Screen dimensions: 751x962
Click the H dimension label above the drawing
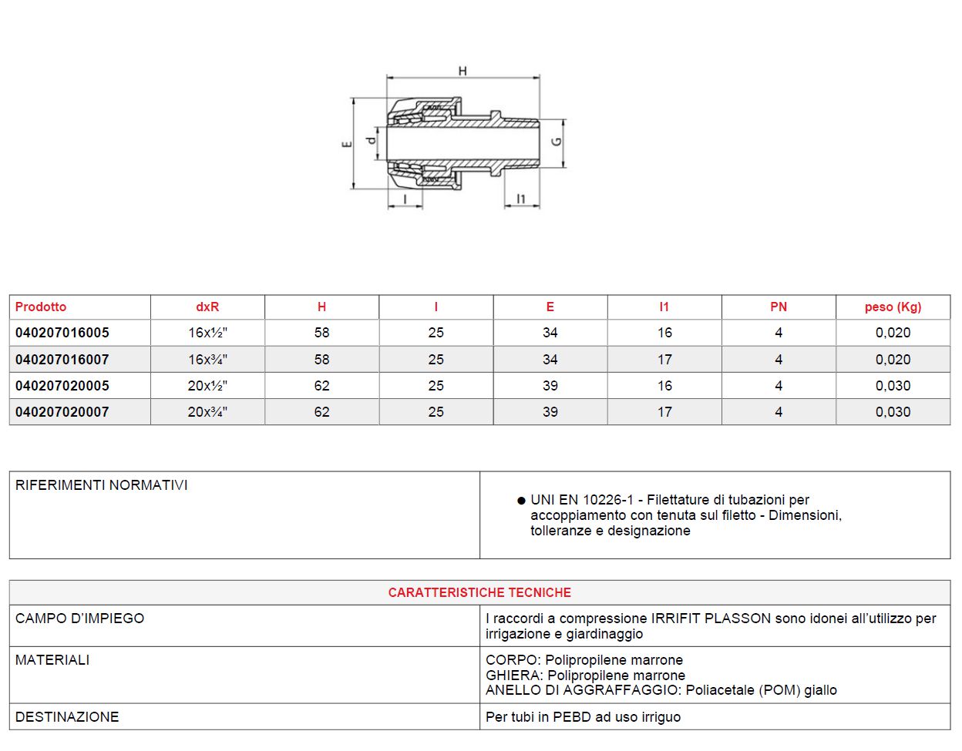click(462, 71)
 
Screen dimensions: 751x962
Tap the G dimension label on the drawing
click(557, 142)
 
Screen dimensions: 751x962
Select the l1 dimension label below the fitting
click(521, 199)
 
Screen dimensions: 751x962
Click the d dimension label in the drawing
click(371, 140)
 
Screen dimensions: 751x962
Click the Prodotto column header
click(41, 307)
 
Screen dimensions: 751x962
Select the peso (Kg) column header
click(893, 307)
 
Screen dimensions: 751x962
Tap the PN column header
click(779, 307)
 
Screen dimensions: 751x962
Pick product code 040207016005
click(62, 333)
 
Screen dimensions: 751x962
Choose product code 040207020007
click(62, 412)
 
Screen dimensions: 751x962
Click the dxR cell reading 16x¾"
click(207, 360)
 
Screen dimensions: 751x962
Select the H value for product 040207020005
click(321, 386)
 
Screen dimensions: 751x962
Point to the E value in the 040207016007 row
click(550, 360)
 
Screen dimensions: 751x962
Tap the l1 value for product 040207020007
click(664, 412)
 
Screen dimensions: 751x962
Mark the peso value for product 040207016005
click(893, 333)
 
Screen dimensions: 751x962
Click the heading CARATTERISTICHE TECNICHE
click(479, 592)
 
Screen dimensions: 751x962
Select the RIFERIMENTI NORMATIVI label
click(101, 485)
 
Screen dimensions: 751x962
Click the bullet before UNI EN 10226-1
click(522, 501)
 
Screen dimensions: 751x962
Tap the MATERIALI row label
click(52, 660)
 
